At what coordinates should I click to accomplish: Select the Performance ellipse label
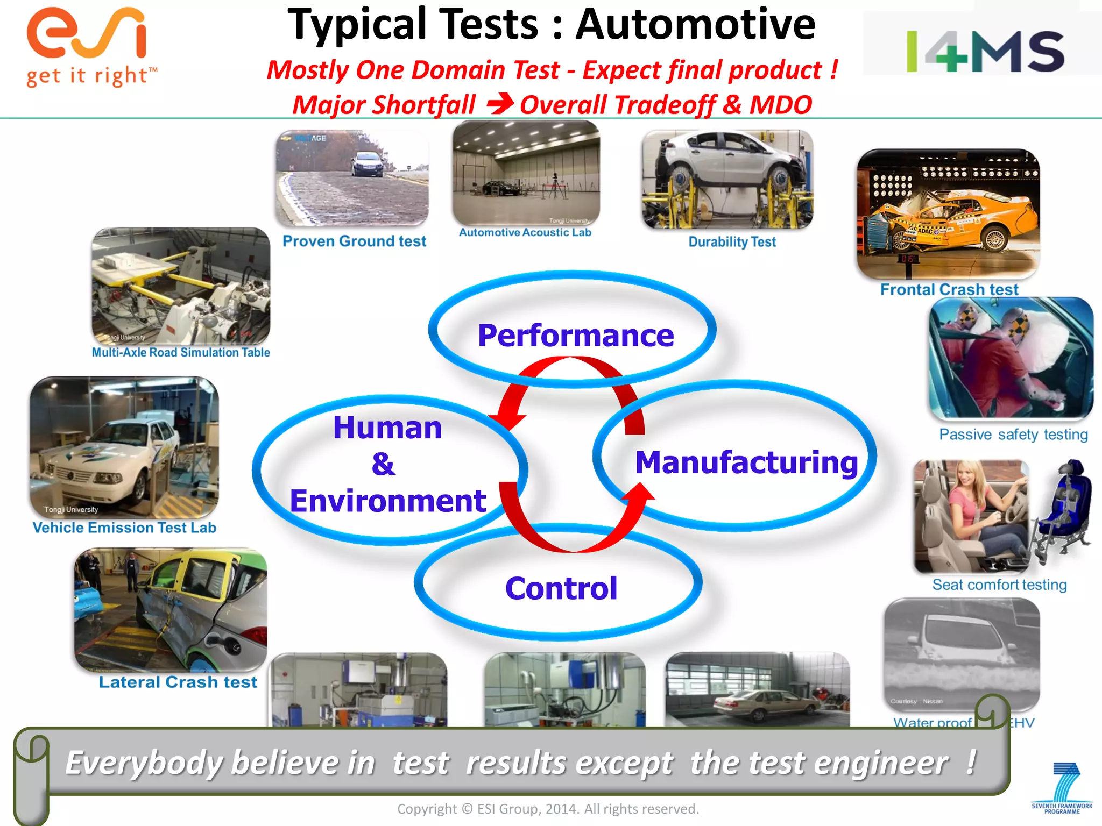pos(575,336)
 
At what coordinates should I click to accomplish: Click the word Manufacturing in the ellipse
pos(746,462)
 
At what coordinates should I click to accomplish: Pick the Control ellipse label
pos(561,588)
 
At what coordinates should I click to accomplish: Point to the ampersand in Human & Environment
pos(383,464)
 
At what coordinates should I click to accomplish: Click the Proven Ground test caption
pos(354,241)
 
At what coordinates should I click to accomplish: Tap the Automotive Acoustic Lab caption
pos(525,232)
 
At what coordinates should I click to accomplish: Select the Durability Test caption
pos(732,242)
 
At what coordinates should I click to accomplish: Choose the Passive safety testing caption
pos(1013,435)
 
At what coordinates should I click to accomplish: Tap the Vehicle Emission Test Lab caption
pos(124,528)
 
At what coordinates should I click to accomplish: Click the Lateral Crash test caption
pos(178,682)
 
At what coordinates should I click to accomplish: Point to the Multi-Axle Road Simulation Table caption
pos(181,353)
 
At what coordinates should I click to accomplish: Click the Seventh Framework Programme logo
pos(1062,788)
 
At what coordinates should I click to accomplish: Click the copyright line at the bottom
pos(548,809)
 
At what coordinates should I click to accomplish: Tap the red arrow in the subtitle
pos(499,104)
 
